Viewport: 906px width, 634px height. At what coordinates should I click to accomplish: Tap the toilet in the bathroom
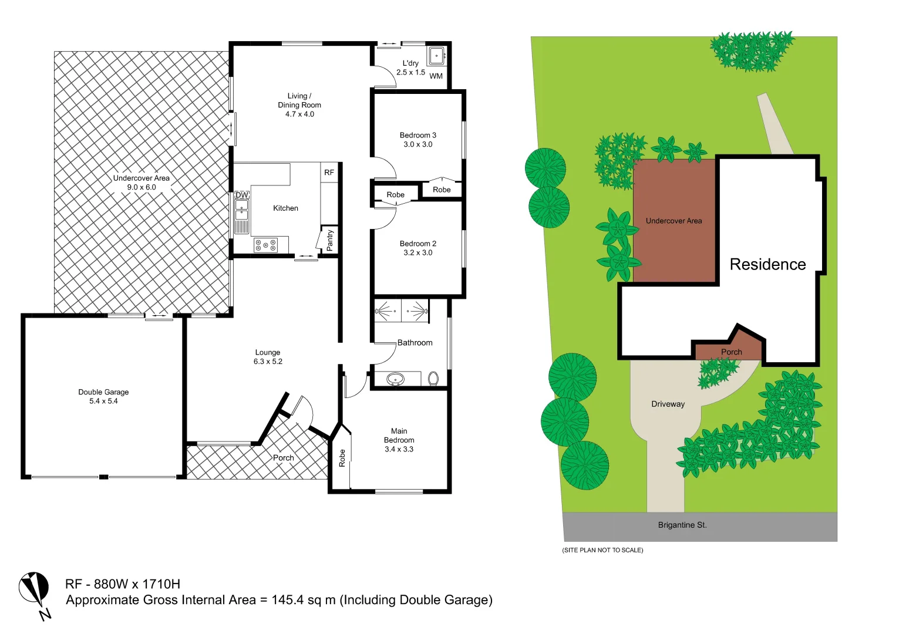coord(433,378)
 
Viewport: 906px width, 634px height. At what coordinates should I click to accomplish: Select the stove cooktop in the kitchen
coord(265,245)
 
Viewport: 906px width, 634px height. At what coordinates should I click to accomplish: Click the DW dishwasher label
coord(242,195)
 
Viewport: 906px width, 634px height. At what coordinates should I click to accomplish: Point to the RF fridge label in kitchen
coord(329,173)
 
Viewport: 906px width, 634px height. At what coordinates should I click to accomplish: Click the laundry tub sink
coord(436,56)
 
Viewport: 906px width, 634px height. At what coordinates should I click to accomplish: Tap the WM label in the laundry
coord(436,76)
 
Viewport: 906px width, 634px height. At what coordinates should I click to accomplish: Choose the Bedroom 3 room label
coord(417,135)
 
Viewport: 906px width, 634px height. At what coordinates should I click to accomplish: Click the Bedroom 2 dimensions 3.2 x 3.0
coord(417,253)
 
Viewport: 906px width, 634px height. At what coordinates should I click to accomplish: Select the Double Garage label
coord(103,392)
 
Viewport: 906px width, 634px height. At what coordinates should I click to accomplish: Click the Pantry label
coord(329,240)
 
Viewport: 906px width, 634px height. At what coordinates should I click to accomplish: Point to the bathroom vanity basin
coord(395,379)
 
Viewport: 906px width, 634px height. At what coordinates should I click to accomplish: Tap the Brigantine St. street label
coord(682,525)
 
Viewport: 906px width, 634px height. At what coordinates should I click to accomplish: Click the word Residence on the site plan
coord(767,265)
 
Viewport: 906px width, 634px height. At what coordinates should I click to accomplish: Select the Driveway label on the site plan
coord(668,404)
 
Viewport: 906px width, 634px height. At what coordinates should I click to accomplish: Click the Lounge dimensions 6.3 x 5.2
coord(268,362)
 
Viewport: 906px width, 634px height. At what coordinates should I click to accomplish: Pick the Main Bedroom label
coord(399,436)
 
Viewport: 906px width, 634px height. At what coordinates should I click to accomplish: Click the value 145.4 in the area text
coord(288,600)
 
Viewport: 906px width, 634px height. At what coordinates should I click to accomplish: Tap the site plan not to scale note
coord(602,550)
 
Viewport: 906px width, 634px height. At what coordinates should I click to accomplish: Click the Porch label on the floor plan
coord(283,458)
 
